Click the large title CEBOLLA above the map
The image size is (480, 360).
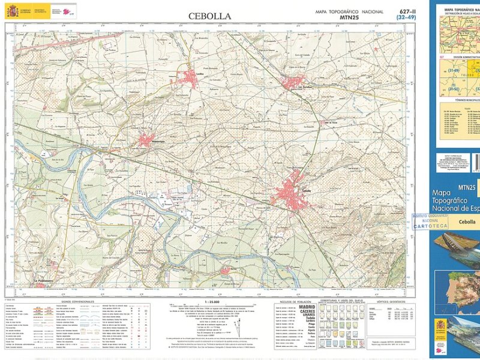click(209, 16)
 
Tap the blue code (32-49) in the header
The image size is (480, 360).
click(405, 18)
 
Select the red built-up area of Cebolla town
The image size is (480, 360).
click(292, 191)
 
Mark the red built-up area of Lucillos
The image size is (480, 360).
click(185, 78)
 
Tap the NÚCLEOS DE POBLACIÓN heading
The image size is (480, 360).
click(295, 301)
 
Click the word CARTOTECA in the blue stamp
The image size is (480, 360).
click(430, 227)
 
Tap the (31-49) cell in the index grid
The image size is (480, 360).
click(454, 71)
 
